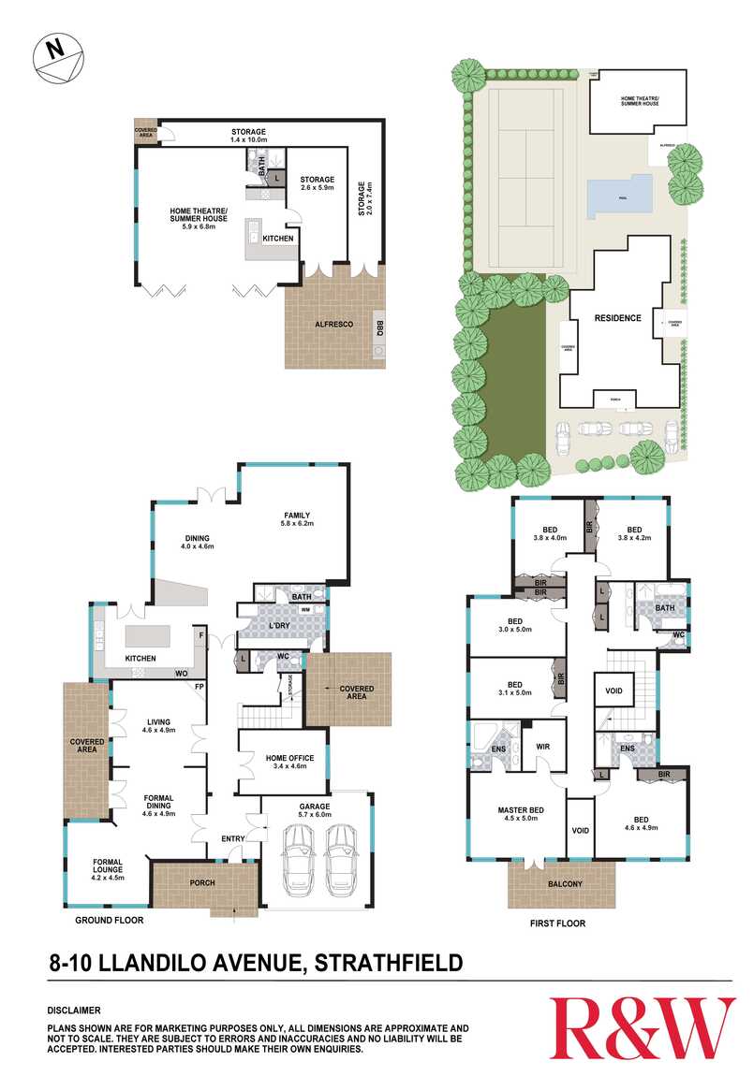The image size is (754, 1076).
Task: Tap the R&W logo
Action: pos(642,1026)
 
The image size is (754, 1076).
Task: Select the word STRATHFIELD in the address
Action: pos(388,961)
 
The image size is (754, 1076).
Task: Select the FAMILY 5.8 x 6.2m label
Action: pos(297,519)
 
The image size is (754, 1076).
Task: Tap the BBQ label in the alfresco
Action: pos(379,327)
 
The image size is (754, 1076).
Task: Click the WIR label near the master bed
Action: pos(543,748)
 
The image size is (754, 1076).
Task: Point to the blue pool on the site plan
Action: pos(619,196)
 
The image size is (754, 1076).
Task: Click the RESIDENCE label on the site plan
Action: pos(617,318)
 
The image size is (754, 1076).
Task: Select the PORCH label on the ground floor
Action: pos(202,882)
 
